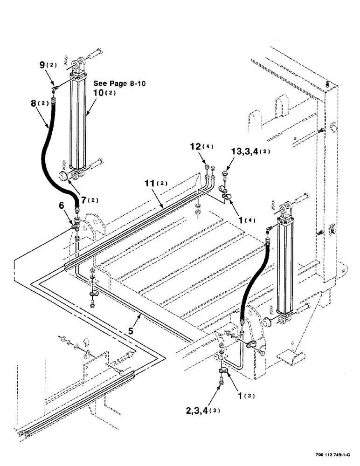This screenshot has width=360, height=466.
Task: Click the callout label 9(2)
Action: (47, 65)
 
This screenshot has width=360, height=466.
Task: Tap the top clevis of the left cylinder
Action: (79, 62)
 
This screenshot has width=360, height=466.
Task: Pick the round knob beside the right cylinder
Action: (268, 322)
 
